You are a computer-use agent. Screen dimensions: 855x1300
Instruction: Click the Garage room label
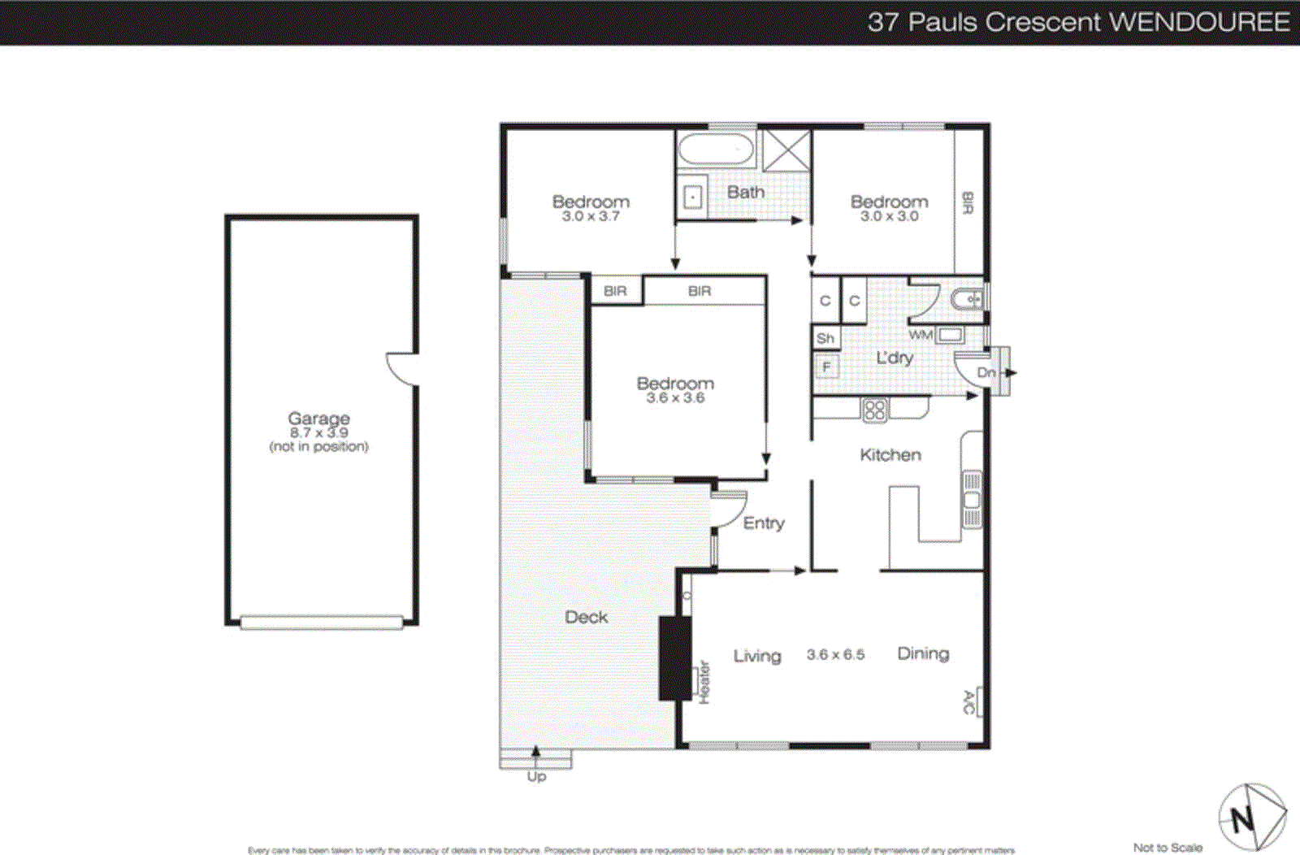click(318, 419)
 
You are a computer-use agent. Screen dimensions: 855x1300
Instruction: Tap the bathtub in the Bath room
click(717, 150)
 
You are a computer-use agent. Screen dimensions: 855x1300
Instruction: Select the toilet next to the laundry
click(967, 300)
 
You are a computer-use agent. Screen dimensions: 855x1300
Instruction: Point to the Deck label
click(586, 618)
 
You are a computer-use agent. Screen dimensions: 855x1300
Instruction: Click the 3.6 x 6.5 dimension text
click(835, 655)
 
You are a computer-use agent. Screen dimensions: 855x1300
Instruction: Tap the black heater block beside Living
click(674, 658)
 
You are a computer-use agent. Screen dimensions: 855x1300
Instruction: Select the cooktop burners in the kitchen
click(875, 410)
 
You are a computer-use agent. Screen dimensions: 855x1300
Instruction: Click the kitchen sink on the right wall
click(972, 499)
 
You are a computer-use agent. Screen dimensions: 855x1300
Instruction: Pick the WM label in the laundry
click(921, 335)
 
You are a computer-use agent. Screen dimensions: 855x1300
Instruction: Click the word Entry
click(764, 523)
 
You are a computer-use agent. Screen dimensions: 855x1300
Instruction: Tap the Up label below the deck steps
click(536, 777)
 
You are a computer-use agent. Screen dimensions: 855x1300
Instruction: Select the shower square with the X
click(786, 150)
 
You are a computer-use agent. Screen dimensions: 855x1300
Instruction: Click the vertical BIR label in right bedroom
click(968, 203)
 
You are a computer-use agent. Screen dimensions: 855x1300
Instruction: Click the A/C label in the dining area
click(968, 702)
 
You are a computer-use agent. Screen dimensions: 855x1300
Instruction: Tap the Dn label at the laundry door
click(986, 372)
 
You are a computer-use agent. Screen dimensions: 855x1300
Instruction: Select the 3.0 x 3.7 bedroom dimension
click(591, 216)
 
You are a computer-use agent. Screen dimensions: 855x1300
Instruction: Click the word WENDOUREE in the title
click(1198, 22)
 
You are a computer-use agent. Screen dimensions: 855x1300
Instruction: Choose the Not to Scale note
click(1168, 848)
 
